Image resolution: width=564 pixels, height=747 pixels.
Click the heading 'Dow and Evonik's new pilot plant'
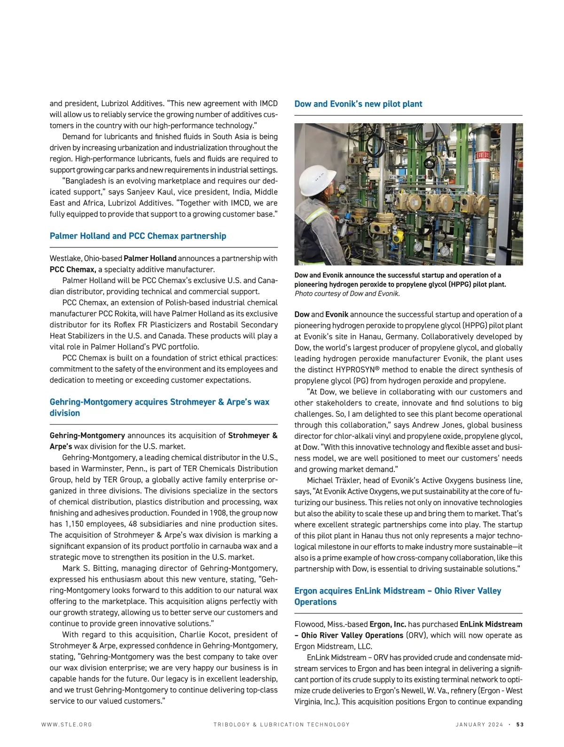358,104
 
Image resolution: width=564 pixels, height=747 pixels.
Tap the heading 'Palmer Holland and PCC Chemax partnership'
138,236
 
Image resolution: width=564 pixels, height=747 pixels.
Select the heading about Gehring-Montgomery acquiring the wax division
159,407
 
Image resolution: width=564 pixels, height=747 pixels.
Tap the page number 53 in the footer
520,724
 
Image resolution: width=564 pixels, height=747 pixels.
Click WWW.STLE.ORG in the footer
67,724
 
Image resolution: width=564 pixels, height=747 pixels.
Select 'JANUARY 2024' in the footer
479,724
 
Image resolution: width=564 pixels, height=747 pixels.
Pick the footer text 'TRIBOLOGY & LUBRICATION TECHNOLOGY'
282,724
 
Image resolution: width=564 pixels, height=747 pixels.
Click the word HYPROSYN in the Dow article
354,370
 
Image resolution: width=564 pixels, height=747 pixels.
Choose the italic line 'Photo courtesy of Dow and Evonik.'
347,294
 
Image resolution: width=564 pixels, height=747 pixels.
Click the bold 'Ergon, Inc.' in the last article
388,624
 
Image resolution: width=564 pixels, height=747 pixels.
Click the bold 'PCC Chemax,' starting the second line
73,270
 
